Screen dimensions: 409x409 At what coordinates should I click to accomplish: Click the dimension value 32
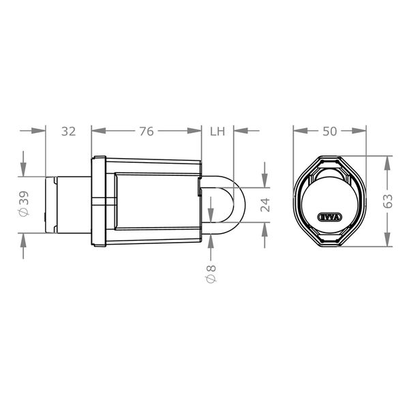(68, 132)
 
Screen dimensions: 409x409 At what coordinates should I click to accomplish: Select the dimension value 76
(147, 132)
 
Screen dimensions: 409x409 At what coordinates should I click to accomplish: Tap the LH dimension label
(217, 132)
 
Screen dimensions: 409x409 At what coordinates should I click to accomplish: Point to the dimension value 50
(330, 132)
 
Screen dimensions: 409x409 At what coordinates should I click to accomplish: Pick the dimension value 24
(265, 204)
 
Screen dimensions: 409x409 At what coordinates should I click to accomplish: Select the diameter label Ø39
(24, 203)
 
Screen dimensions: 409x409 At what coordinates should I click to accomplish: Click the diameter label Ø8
(211, 274)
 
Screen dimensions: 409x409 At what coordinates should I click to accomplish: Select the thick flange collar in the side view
(98, 202)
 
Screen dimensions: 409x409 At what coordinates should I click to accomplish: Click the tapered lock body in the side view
(157, 201)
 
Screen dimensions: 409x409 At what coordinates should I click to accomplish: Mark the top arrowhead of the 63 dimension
(389, 160)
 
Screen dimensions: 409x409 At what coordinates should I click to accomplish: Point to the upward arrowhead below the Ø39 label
(24, 239)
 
